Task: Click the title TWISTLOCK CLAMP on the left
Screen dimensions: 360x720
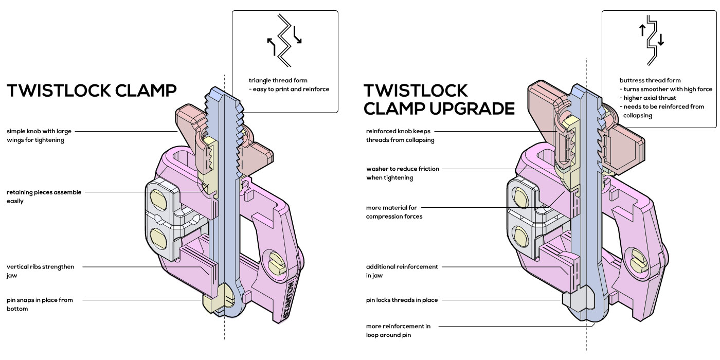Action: click(x=92, y=91)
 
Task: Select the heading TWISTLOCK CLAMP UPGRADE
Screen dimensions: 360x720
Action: click(x=439, y=99)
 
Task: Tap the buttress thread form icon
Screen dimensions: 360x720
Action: click(x=652, y=40)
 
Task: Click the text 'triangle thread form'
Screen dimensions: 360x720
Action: click(x=278, y=81)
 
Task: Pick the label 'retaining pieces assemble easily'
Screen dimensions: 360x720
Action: click(x=44, y=196)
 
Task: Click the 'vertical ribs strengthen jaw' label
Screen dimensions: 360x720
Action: click(x=40, y=271)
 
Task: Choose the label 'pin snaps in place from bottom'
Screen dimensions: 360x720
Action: click(x=40, y=304)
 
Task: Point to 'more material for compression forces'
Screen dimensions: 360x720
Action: click(x=394, y=212)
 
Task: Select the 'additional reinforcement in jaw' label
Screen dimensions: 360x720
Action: click(x=402, y=271)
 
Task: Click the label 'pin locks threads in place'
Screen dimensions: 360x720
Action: click(x=402, y=300)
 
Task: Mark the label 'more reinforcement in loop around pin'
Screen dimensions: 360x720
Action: click(x=398, y=330)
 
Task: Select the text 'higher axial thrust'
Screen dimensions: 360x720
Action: click(x=645, y=98)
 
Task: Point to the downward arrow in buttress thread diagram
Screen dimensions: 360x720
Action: click(x=660, y=40)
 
